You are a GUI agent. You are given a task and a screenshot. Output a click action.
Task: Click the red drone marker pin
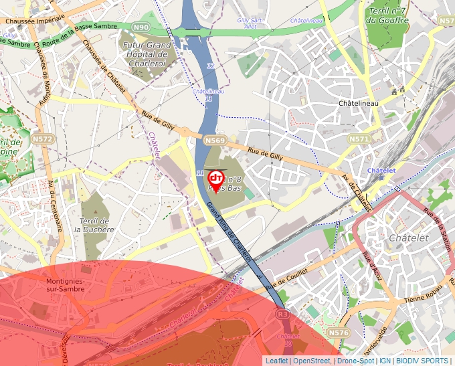tap(216, 179)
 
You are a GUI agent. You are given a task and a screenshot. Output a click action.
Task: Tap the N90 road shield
tap(141, 27)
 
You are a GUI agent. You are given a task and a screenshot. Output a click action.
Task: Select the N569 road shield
tap(215, 141)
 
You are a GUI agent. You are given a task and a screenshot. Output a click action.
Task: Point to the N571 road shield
tap(359, 139)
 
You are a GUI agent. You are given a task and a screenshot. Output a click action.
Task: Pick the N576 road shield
tap(339, 332)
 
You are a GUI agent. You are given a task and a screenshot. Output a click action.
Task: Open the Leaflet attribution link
tap(276, 361)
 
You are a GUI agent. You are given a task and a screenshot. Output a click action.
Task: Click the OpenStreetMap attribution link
tap(311, 361)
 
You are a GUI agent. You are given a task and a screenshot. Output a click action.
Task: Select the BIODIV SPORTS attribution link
tap(422, 361)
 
